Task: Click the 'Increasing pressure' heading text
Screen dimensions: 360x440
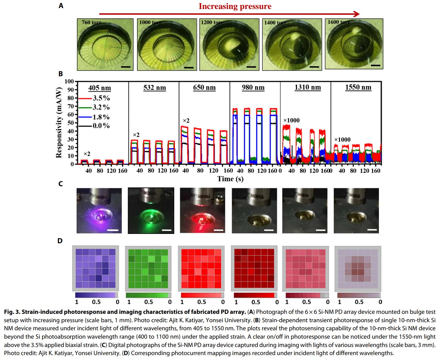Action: tap(235, 7)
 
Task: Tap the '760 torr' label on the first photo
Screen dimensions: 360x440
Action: tap(91, 22)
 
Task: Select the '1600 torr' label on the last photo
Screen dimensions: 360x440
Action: tap(339, 22)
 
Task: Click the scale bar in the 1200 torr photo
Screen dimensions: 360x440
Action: tap(251, 67)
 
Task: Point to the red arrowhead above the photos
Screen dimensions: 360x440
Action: tap(357, 14)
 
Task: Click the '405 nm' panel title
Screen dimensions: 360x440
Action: tap(100, 88)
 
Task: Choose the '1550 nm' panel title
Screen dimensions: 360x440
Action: tap(358, 87)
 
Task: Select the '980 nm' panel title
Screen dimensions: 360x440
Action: tap(253, 88)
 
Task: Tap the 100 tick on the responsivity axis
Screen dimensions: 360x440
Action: tap(69, 81)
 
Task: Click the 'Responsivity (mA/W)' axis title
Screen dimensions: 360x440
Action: tap(59, 123)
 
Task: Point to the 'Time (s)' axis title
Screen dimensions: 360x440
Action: tap(230, 179)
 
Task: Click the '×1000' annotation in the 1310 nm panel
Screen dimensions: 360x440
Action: tap(291, 121)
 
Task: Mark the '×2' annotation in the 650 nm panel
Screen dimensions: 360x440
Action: tap(186, 121)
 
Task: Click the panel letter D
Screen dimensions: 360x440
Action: tap(60, 241)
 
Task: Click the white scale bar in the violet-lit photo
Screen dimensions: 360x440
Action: tap(113, 230)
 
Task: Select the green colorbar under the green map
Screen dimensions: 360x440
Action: tap(148, 295)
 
